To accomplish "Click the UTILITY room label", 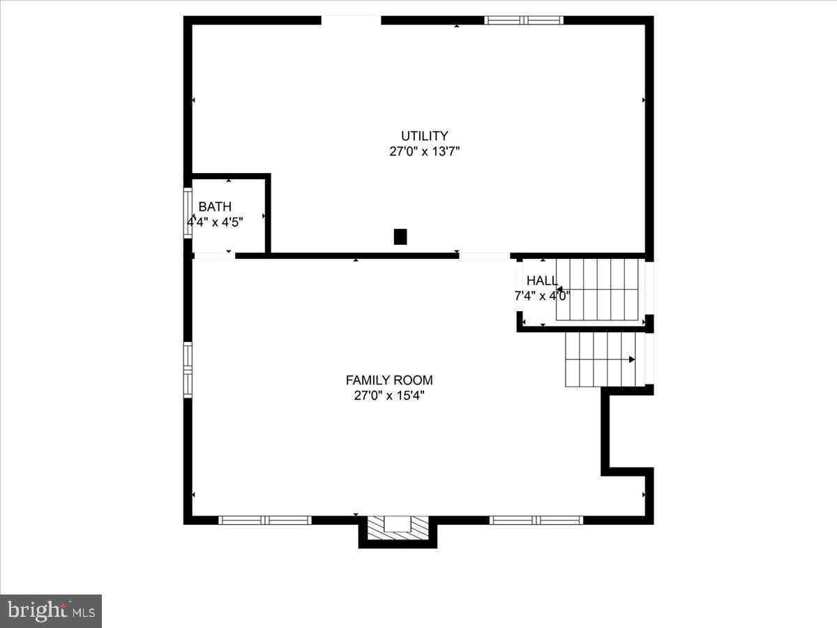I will (424, 136).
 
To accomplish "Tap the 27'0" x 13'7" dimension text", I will (424, 151).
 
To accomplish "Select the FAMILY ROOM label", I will (389, 380).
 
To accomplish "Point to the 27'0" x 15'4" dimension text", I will (389, 396).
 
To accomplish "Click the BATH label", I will (215, 207).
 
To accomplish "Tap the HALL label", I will (542, 281).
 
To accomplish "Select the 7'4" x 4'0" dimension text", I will (542, 295).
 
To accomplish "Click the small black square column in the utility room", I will (400, 237).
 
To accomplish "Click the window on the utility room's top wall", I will (524, 20).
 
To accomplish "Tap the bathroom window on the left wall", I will (188, 214).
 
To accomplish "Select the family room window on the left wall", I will (188, 370).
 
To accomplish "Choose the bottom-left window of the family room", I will (265, 520).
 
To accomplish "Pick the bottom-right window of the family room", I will (536, 520).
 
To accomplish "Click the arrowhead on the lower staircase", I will (632, 359).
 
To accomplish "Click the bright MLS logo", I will (51, 611).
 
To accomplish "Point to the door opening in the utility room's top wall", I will (351, 20).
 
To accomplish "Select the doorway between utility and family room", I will (484, 256).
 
